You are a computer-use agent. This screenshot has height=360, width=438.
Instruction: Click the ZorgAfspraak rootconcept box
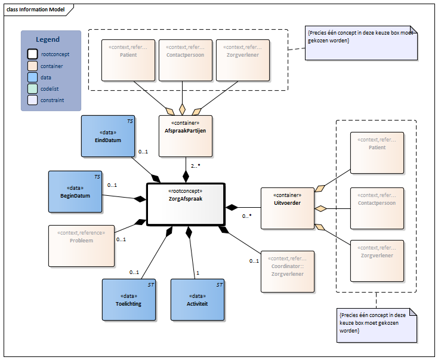(186, 204)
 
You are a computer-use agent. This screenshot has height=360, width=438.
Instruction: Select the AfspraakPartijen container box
(186, 136)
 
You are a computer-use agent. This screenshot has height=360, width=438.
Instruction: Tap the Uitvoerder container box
(288, 208)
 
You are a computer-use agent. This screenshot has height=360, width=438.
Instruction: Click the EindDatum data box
(108, 136)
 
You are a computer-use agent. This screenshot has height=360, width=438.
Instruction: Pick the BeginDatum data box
(75, 192)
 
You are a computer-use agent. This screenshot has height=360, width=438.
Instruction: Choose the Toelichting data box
(129, 300)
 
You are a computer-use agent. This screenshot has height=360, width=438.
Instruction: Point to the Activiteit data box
(198, 300)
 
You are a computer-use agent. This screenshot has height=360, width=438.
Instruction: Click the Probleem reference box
(82, 246)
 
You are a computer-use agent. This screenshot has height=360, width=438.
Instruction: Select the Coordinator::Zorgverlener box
(288, 272)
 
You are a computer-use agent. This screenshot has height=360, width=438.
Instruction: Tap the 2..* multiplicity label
(196, 166)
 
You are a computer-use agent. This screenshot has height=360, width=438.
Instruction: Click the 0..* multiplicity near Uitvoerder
(246, 216)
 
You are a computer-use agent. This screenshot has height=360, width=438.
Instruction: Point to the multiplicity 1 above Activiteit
(198, 273)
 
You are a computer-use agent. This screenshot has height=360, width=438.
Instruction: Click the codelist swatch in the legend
(32, 88)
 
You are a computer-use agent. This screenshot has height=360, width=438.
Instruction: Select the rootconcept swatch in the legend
(32, 54)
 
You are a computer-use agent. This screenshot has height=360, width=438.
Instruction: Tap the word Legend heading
(48, 39)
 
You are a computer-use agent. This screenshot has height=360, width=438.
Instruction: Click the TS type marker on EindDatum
(130, 121)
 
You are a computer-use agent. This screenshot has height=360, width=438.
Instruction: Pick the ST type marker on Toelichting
(151, 285)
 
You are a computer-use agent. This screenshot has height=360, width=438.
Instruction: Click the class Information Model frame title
(35, 10)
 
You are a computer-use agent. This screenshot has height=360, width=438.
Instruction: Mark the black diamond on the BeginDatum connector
(140, 199)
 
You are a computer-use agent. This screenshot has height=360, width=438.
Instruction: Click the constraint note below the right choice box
(377, 325)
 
